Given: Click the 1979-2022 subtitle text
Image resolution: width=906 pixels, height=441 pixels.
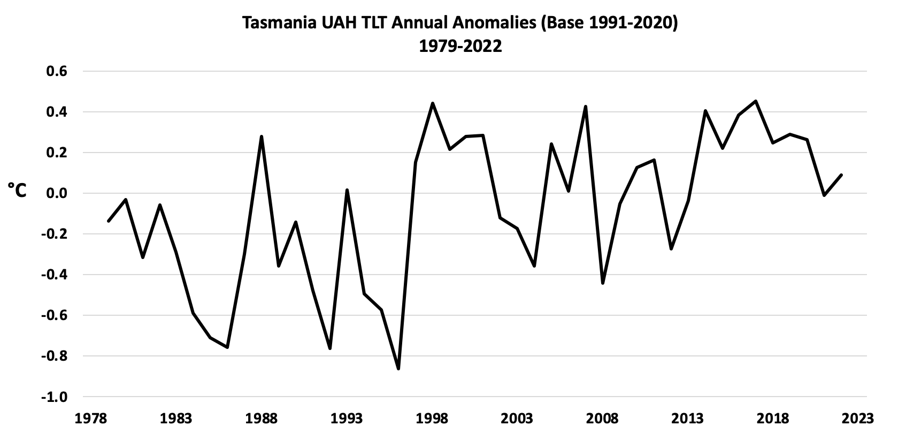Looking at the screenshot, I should coord(460,47).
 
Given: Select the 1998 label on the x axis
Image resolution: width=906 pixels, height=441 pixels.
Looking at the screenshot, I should coord(432,418).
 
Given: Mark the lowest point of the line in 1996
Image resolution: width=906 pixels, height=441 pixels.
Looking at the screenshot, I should coord(398,369).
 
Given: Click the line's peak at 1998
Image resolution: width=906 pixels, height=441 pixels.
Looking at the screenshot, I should coord(432,103).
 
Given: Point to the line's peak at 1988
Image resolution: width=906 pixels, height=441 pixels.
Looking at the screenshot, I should coord(262,136).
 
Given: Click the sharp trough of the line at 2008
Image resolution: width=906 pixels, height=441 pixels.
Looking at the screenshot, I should coord(603,283).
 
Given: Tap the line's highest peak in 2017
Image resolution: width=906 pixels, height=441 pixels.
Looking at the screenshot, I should coord(756,101).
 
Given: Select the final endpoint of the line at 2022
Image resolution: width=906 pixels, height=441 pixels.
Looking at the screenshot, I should coord(841,175).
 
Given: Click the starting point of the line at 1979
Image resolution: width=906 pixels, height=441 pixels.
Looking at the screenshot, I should coord(109,221).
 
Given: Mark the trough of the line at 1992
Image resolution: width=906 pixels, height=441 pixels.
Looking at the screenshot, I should coord(330,348).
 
